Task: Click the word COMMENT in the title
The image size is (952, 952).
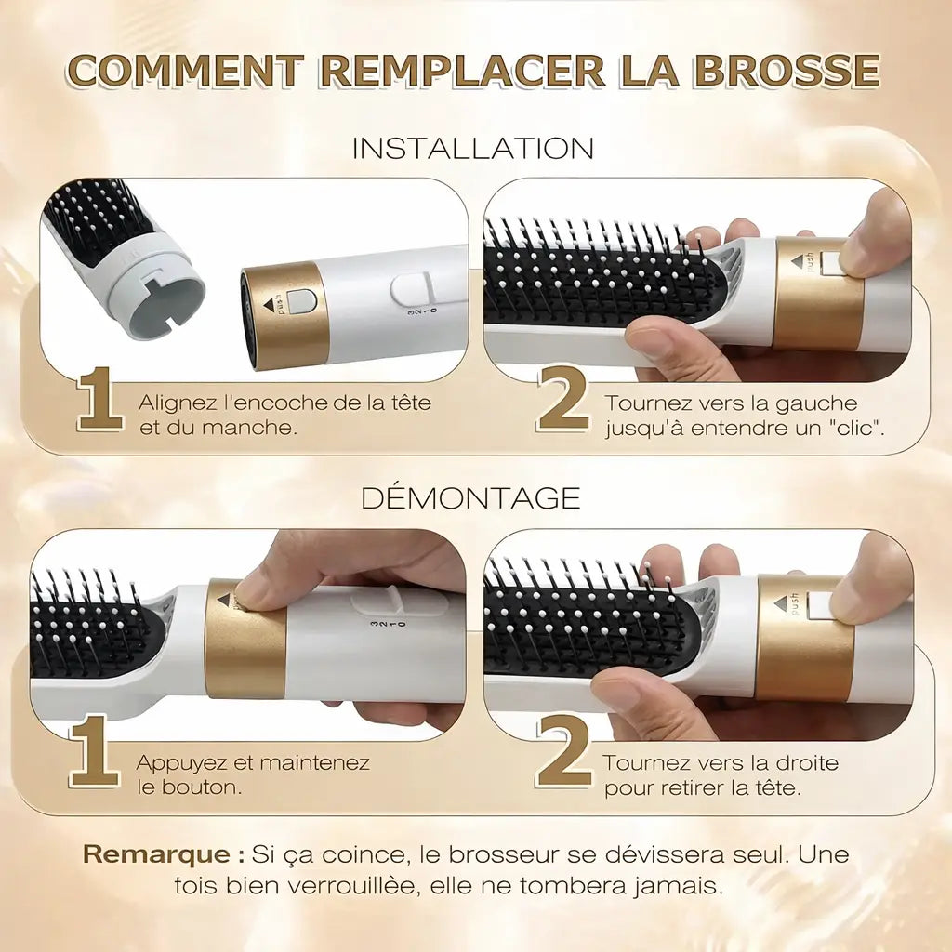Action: tap(186, 71)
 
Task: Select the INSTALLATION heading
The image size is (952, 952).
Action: tap(472, 148)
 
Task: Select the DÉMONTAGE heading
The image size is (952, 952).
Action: tap(470, 497)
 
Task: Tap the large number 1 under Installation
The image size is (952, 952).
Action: tap(99, 402)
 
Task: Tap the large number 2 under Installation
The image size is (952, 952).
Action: tap(562, 402)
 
